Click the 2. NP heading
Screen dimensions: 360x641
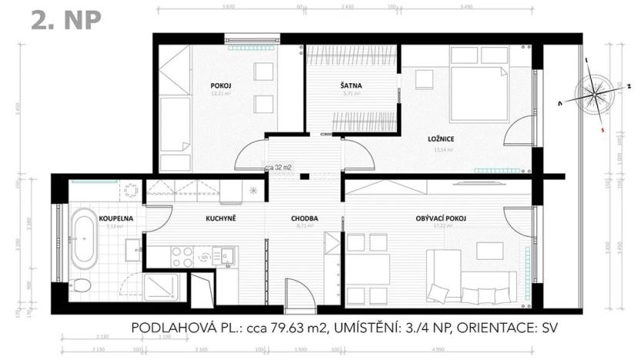coord(66,20)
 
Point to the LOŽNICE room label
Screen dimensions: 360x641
coord(441,139)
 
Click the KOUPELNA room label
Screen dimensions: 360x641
coord(116,219)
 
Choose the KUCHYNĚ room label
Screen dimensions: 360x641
coord(220,219)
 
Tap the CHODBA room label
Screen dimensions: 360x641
coord(305,219)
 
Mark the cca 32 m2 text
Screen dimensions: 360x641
coord(279,166)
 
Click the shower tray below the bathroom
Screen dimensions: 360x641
coord(163,288)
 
